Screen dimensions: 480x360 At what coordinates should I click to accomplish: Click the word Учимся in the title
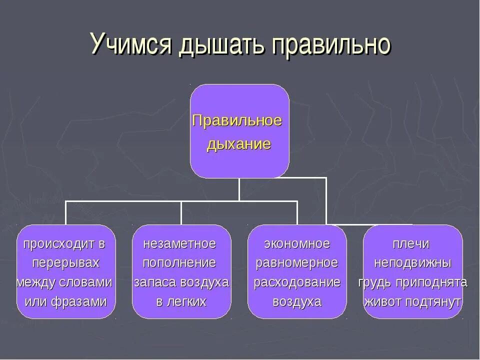coord(131,43)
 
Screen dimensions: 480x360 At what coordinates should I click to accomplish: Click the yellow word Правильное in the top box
coord(237,121)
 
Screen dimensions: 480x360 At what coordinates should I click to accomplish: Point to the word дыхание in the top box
coord(239,145)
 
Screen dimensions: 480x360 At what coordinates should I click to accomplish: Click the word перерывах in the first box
coord(66,263)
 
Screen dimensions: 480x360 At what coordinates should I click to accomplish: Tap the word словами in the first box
coord(88,282)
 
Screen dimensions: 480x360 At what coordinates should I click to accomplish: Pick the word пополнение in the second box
coord(180,263)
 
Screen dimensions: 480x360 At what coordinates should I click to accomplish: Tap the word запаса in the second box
coord(151,282)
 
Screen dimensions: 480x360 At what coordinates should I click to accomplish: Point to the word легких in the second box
coord(188,301)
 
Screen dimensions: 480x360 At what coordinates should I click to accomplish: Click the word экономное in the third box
coord(297,244)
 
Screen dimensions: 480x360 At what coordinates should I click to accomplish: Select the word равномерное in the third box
coord(297,263)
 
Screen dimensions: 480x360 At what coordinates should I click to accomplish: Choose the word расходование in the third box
coord(297,282)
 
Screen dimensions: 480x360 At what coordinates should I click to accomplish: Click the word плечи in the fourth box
coord(411,244)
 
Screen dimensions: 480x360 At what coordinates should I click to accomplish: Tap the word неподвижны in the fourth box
coord(413,263)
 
